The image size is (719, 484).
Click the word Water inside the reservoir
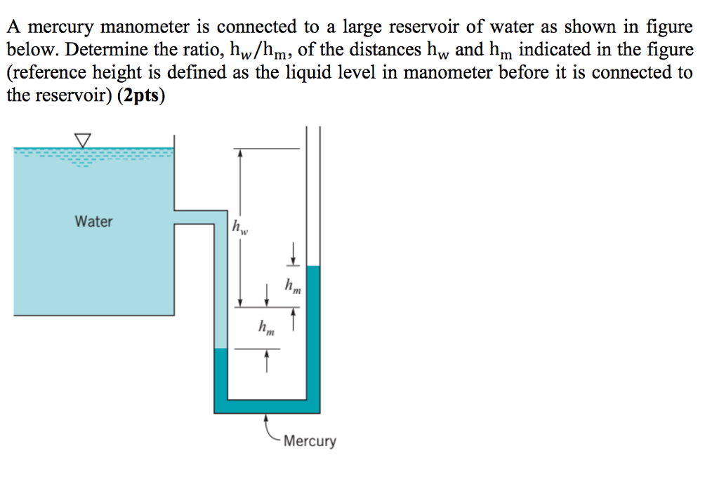pos(93,222)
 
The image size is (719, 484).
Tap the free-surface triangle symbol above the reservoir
pos(84,140)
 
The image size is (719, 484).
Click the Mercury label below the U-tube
pos(310,441)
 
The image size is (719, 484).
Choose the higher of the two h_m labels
pos(293,285)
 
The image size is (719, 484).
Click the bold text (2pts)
pos(140,95)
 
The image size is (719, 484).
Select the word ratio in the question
pos(194,51)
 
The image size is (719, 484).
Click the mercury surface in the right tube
pos(313,267)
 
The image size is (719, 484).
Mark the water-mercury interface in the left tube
pos(221,349)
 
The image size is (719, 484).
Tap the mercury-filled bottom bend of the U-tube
pos(267,406)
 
